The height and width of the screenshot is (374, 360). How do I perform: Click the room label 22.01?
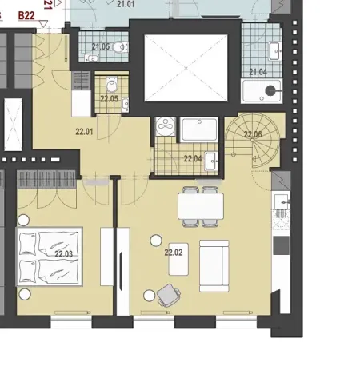pyautogui.click(x=84, y=132)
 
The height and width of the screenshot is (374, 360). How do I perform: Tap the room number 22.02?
pyautogui.click(x=174, y=252)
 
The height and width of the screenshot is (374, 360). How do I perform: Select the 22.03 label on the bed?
pyautogui.click(x=64, y=254)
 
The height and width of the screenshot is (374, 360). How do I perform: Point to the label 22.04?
pyautogui.click(x=193, y=158)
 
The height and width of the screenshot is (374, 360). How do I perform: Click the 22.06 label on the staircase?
pyautogui.click(x=253, y=134)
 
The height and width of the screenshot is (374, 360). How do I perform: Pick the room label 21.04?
pyautogui.click(x=258, y=72)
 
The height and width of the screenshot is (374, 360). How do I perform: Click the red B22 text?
pyautogui.click(x=26, y=14)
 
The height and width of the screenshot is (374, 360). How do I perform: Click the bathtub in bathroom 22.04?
pyautogui.click(x=199, y=130)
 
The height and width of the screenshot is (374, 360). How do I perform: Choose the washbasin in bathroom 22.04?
pyautogui.click(x=210, y=161)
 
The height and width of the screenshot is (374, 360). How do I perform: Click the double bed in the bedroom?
pyautogui.click(x=50, y=256)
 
